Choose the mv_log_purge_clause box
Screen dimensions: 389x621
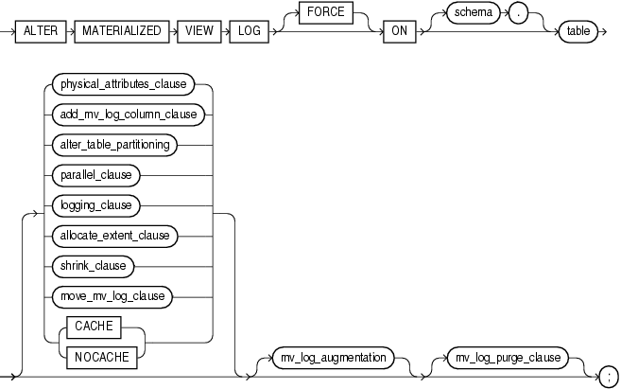pyautogui.click(x=510, y=358)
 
